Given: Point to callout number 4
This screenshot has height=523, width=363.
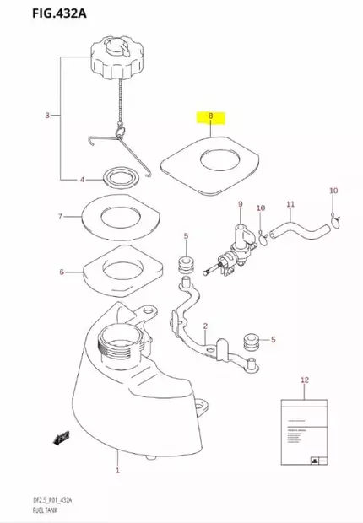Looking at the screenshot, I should (82, 180).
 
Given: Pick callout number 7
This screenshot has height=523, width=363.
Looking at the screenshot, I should (60, 217).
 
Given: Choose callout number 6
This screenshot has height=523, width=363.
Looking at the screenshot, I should (61, 272).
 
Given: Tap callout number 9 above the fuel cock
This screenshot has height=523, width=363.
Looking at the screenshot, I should (240, 205).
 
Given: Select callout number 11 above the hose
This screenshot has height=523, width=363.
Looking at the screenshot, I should (290, 205).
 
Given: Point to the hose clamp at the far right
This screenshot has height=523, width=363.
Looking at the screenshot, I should (336, 222).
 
